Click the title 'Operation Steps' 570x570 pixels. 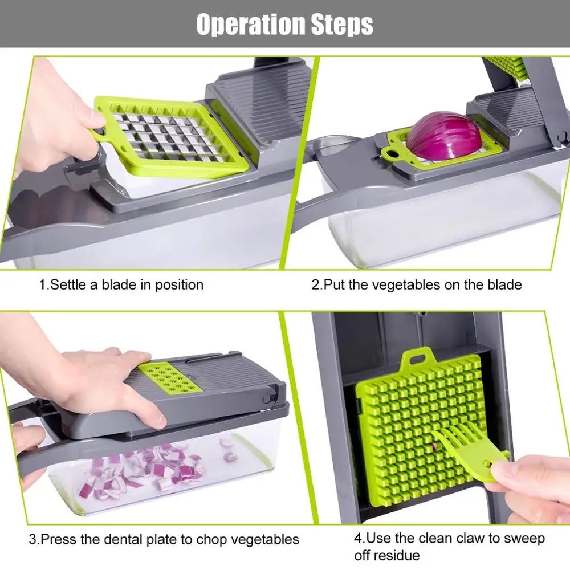[x=284, y=25]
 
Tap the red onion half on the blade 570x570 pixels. [x=444, y=136]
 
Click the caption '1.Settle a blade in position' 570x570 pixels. [x=121, y=284]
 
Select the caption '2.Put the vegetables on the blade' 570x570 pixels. [x=416, y=284]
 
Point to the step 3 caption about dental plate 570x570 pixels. [x=164, y=539]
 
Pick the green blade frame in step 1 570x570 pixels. [x=171, y=137]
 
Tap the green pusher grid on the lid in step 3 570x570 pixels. [x=170, y=377]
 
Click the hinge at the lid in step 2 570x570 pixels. [x=561, y=137]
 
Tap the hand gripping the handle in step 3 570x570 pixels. [x=26, y=450]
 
